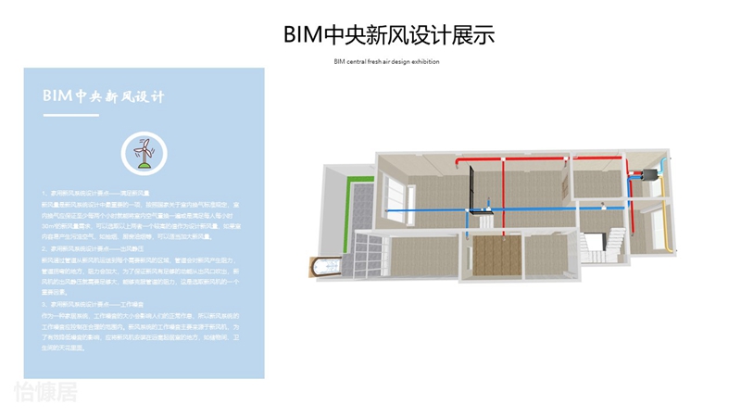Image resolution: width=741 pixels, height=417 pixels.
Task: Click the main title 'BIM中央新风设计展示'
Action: click(389, 35)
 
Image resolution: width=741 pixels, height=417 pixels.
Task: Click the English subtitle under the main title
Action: click(386, 61)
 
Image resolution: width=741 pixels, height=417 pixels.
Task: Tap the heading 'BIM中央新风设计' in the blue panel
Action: click(103, 95)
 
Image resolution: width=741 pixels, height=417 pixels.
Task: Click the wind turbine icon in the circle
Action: click(143, 151)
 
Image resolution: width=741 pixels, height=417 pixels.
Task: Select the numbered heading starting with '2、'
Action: click(93, 248)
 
